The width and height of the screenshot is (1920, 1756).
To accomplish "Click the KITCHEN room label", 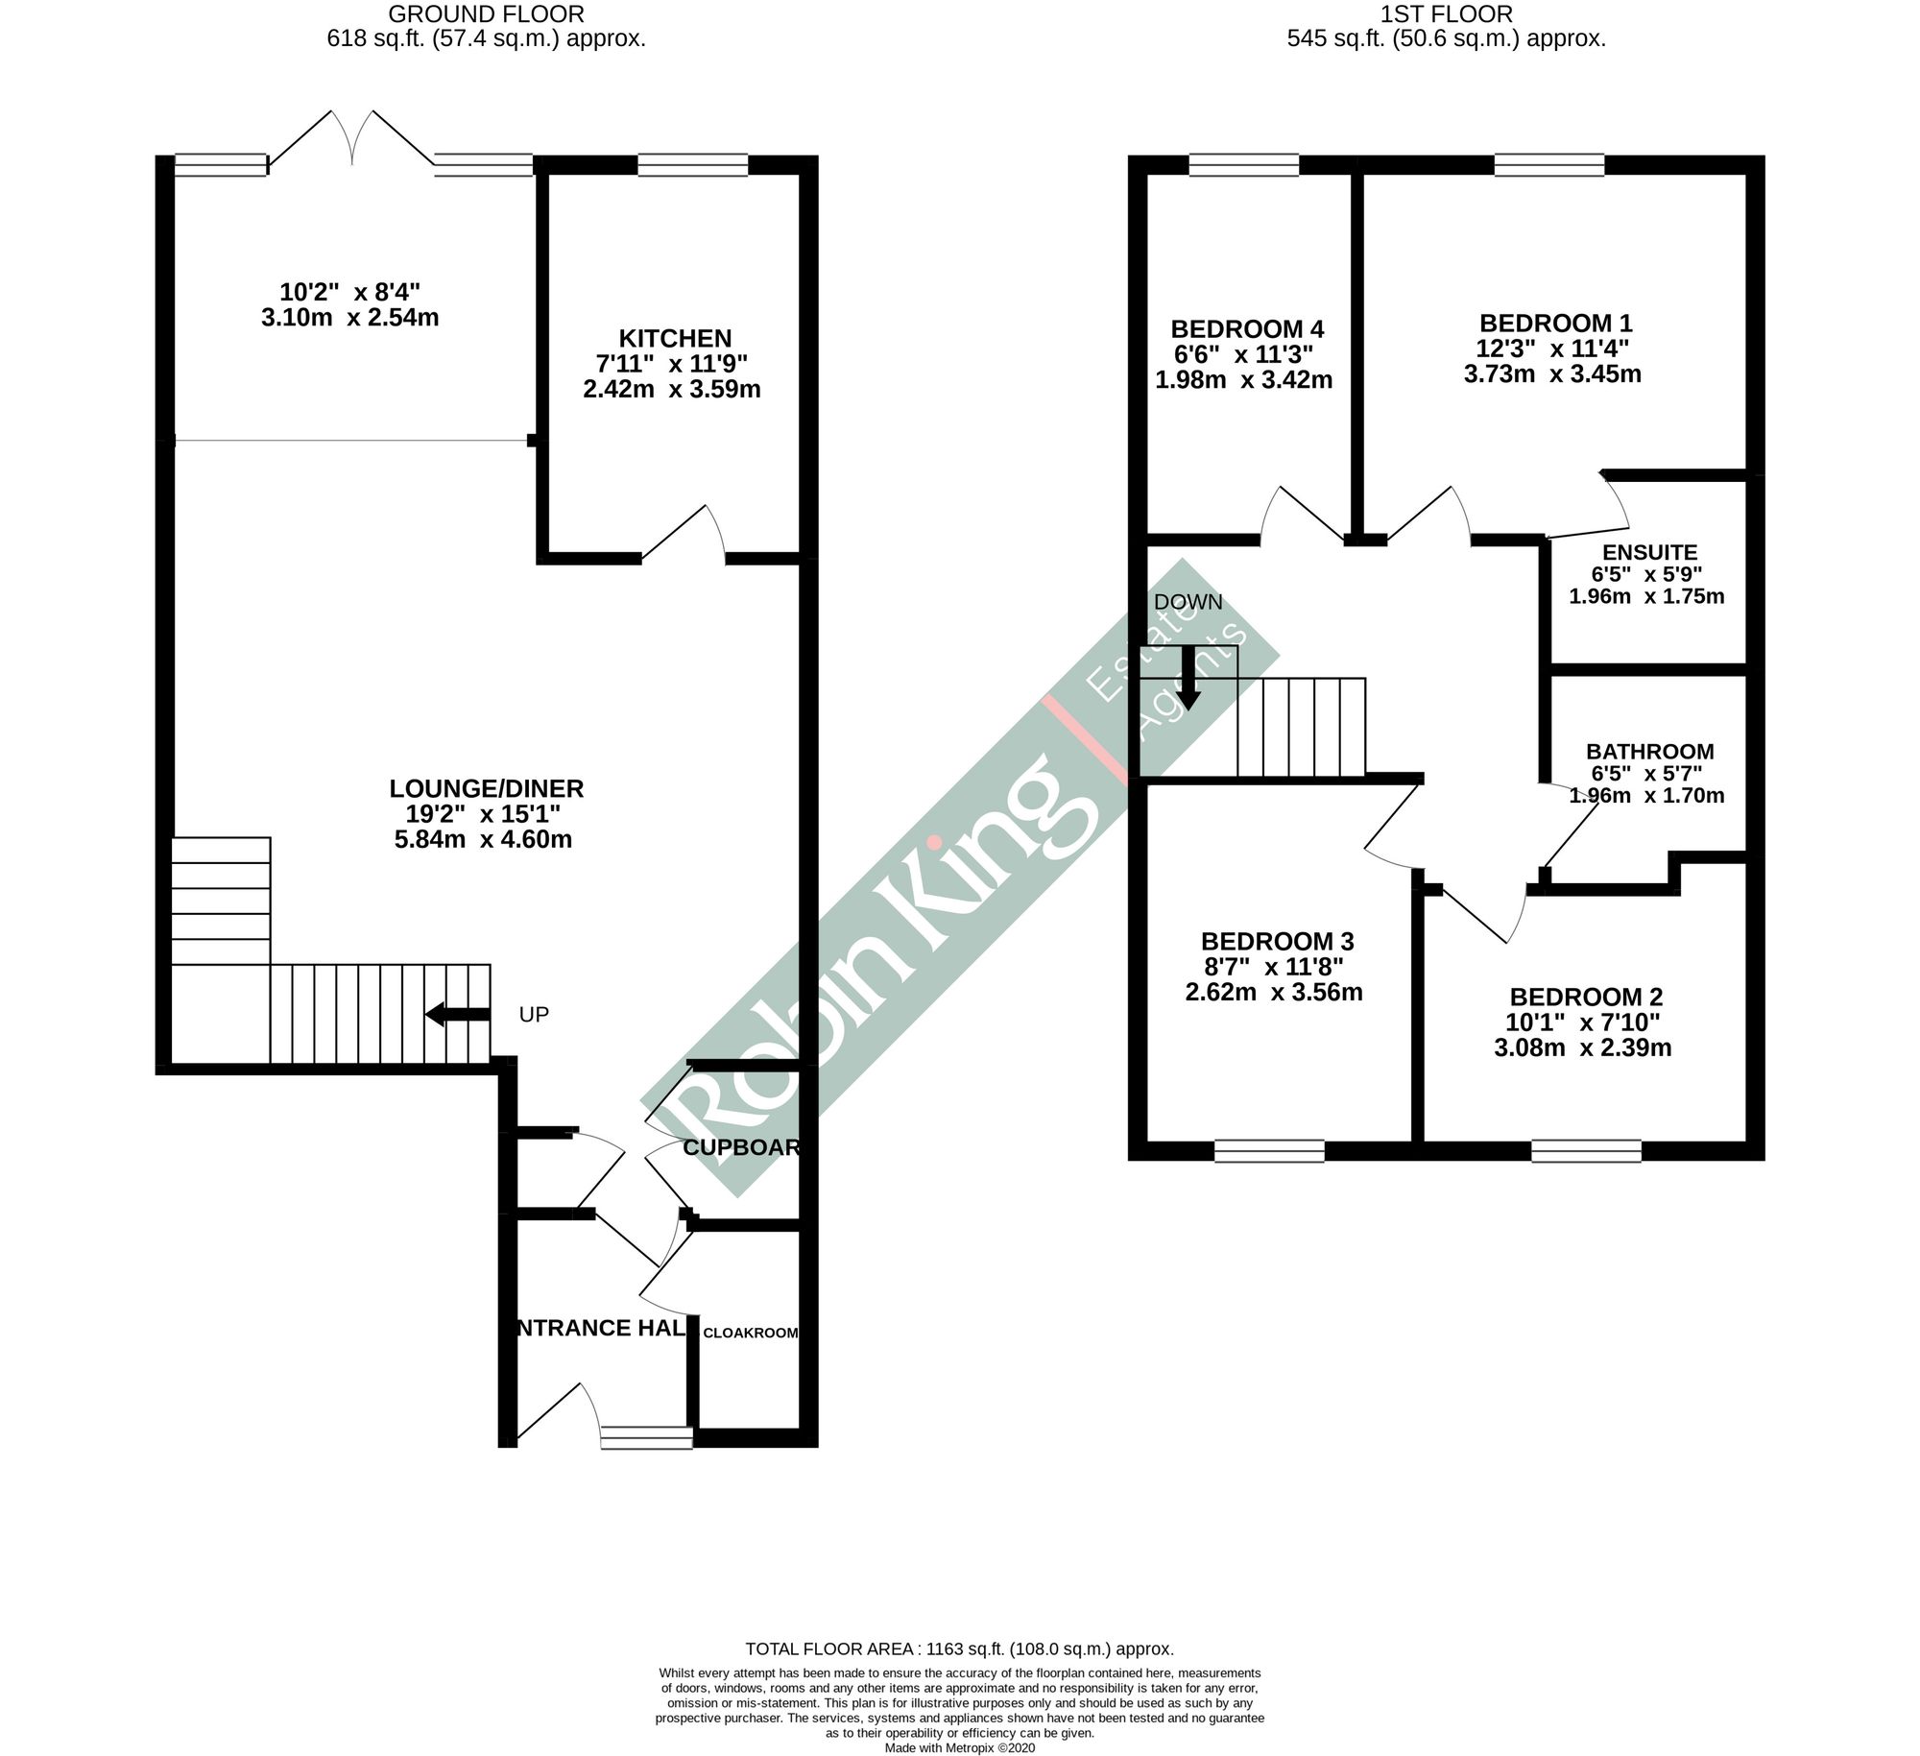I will pyautogui.click(x=675, y=338).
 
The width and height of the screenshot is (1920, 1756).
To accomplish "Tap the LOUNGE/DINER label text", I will pyautogui.click(x=486, y=788).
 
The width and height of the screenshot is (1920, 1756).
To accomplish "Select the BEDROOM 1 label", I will pyautogui.click(x=1555, y=323).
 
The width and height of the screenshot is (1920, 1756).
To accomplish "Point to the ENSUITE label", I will pyautogui.click(x=1649, y=552).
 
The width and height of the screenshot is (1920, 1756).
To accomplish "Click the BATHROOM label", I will pyautogui.click(x=1649, y=751).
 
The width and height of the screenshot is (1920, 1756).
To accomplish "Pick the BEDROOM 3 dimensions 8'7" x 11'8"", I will pyautogui.click(x=1272, y=966).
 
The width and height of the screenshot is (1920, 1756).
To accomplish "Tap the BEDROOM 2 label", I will pyautogui.click(x=1585, y=997).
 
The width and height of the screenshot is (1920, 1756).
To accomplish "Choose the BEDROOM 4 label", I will pyautogui.click(x=1247, y=328).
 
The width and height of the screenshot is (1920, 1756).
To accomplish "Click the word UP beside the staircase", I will pyautogui.click(x=534, y=1015).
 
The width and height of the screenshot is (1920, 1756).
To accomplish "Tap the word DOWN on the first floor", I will pyautogui.click(x=1188, y=602).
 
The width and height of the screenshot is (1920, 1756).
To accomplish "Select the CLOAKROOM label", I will pyautogui.click(x=750, y=1333).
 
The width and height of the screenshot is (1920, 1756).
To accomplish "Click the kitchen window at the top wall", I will pyautogui.click(x=692, y=165).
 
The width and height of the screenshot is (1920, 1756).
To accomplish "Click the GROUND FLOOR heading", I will pyautogui.click(x=486, y=13).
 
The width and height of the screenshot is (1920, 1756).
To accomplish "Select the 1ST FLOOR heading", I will pyautogui.click(x=1446, y=13).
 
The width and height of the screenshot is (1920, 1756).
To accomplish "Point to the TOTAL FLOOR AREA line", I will pyautogui.click(x=959, y=1648).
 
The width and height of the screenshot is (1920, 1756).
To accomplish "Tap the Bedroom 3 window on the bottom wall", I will pyautogui.click(x=1269, y=1150).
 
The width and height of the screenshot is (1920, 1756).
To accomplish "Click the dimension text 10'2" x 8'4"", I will pyautogui.click(x=349, y=291).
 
